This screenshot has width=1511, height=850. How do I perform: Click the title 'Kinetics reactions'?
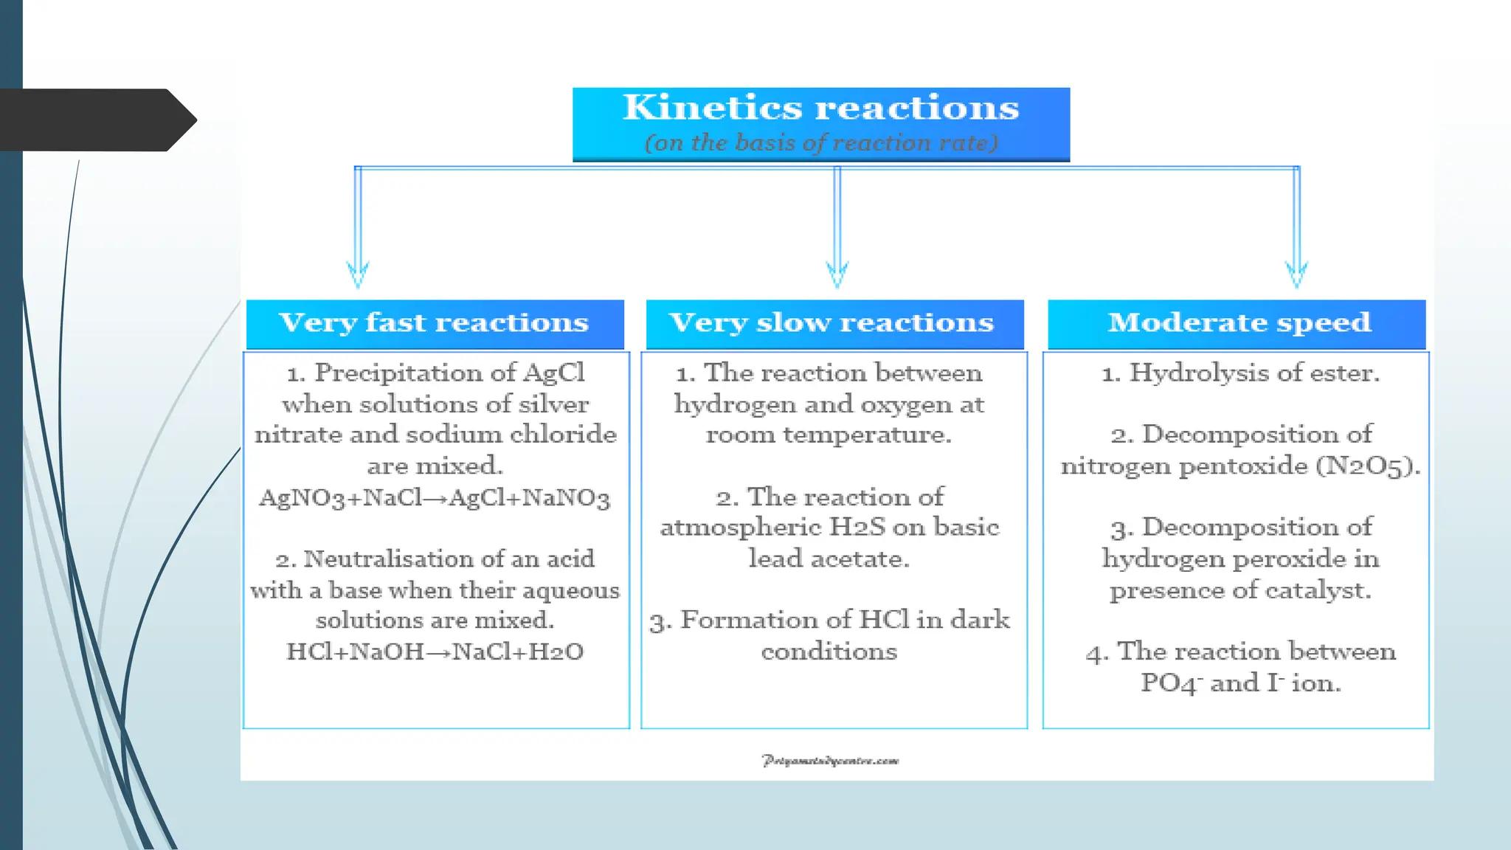(x=820, y=108)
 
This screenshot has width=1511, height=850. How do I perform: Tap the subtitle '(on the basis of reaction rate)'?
(x=820, y=142)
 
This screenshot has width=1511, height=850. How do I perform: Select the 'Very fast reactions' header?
(x=434, y=323)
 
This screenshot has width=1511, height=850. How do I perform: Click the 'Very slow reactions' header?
(x=831, y=323)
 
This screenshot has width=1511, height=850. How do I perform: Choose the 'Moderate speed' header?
(x=1239, y=323)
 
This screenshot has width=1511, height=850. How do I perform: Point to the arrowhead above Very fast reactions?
(x=358, y=276)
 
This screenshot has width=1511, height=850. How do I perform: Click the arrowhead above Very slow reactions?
(x=837, y=276)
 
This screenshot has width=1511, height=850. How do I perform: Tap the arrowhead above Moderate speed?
(x=1296, y=276)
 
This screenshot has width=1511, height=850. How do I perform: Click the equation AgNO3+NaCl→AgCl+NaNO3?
(x=434, y=498)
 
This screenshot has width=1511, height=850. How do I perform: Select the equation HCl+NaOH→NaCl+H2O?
(x=435, y=652)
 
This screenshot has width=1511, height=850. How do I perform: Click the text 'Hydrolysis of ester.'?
(x=1254, y=373)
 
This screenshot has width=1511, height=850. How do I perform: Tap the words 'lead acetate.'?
(x=829, y=559)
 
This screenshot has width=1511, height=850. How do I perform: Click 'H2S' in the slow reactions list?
(x=857, y=528)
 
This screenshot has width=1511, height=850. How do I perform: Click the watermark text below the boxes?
(x=830, y=761)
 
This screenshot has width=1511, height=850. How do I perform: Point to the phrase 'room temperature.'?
(x=829, y=435)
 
